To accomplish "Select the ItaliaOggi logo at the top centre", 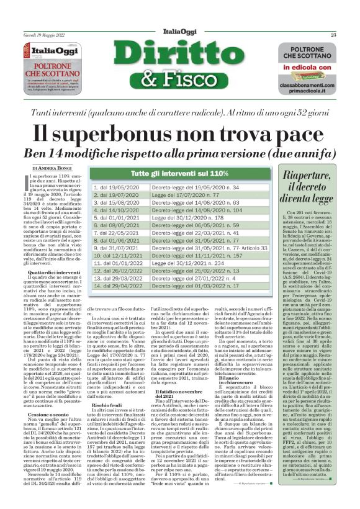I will click(x=180, y=35).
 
